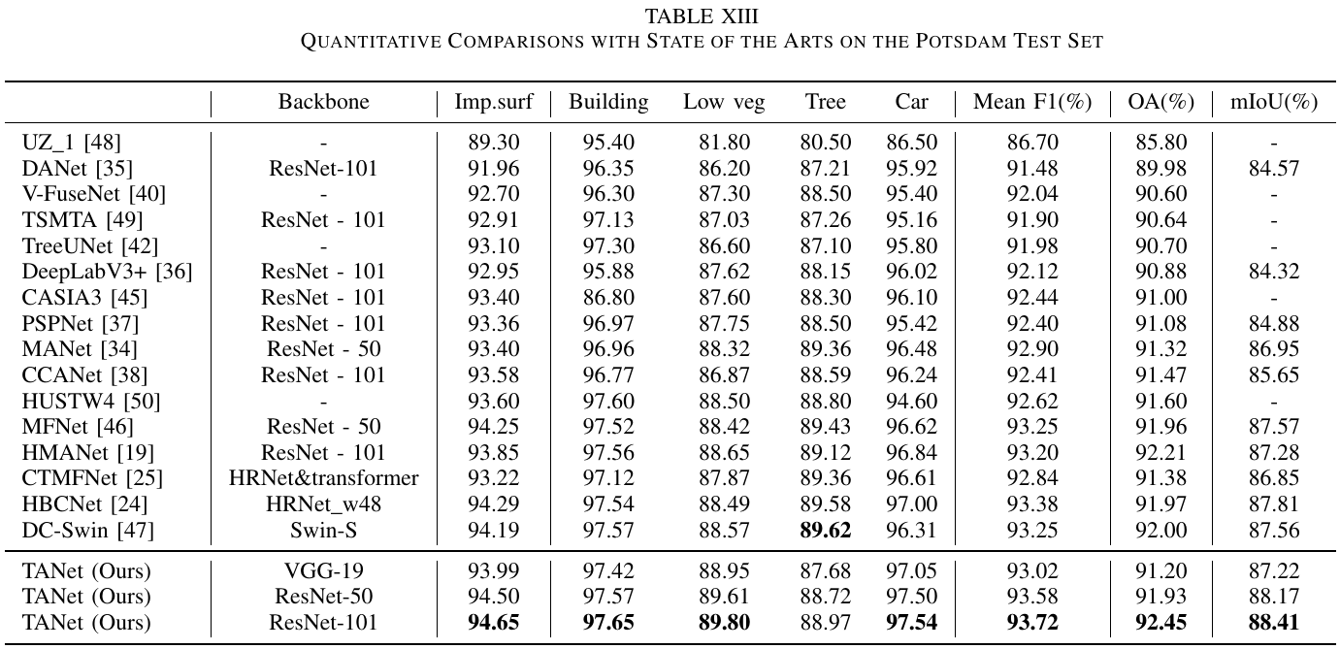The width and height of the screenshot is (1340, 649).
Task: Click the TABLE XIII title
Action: [702, 16]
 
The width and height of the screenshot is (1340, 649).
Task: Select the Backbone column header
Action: [324, 102]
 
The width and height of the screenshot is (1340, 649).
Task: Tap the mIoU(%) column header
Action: [1274, 102]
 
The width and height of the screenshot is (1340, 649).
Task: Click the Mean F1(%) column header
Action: [1032, 102]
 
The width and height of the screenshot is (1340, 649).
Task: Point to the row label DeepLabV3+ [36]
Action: [107, 272]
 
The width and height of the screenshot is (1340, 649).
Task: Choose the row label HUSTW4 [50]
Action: [91, 401]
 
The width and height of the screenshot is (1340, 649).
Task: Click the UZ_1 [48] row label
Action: [71, 143]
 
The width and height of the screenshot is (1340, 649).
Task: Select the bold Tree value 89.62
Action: [826, 530]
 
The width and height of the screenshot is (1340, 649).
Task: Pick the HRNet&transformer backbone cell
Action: [324, 478]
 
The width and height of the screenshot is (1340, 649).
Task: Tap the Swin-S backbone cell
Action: [324, 530]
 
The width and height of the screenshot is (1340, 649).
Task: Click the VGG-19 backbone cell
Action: [324, 570]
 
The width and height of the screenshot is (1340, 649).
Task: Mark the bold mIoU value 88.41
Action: [1274, 622]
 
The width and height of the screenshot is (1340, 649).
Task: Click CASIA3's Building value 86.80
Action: [608, 297]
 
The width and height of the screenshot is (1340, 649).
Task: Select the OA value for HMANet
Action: [1160, 452]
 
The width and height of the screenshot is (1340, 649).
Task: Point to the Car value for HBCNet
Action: [911, 503]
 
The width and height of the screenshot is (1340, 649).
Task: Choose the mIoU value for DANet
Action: [1274, 168]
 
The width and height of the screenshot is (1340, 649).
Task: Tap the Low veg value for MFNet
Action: [724, 427]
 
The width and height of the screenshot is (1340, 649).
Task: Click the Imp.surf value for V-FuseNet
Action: [494, 194]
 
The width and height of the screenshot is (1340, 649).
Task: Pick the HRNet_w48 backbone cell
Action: [324, 504]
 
